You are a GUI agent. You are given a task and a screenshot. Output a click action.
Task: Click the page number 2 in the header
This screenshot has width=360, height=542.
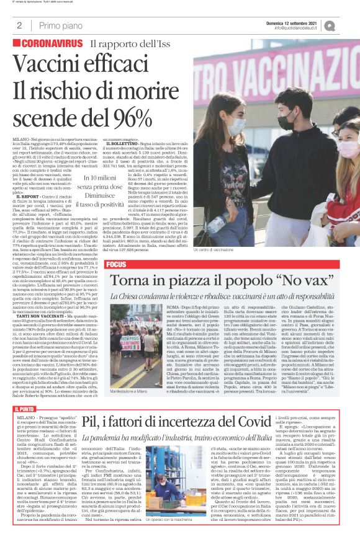pos(19,25)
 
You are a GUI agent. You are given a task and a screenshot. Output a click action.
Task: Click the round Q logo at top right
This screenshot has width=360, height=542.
pos(346,25)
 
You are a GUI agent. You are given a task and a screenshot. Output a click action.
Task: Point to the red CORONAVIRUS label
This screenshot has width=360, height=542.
pos(51,45)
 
